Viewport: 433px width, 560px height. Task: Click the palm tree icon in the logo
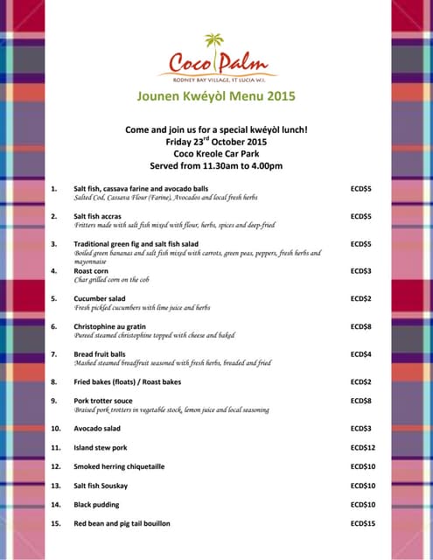213,41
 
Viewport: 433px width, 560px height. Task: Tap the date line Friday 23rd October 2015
216,141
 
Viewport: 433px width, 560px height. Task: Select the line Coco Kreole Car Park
216,153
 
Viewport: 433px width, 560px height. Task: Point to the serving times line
216,165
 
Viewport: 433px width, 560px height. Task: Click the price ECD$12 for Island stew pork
361,447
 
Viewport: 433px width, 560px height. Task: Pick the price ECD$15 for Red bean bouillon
361,523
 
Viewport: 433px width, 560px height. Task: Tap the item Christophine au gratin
110,326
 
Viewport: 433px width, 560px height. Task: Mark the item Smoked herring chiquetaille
119,466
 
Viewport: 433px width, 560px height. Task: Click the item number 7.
53,353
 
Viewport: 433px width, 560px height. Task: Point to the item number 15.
55,523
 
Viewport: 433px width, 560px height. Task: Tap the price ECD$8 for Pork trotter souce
361,401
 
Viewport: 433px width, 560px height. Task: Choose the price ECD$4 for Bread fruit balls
361,353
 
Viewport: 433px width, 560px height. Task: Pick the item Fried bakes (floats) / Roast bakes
128,381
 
